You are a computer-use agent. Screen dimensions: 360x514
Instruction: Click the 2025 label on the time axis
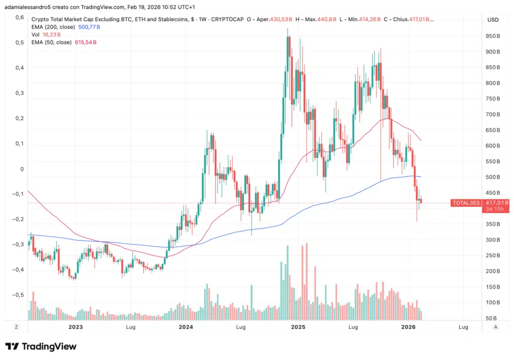(x=298, y=327)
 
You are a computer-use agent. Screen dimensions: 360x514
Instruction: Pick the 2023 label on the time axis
(x=75, y=327)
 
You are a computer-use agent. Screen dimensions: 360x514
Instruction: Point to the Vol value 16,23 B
(x=52, y=35)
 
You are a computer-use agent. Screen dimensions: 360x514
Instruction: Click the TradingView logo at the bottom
(x=41, y=346)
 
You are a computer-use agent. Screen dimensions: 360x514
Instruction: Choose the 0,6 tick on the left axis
(x=20, y=17)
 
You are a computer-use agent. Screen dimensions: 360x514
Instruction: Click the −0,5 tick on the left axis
(x=18, y=295)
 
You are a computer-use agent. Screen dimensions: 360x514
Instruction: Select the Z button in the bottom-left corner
(x=17, y=327)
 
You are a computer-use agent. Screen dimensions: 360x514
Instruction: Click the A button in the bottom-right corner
(x=496, y=327)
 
